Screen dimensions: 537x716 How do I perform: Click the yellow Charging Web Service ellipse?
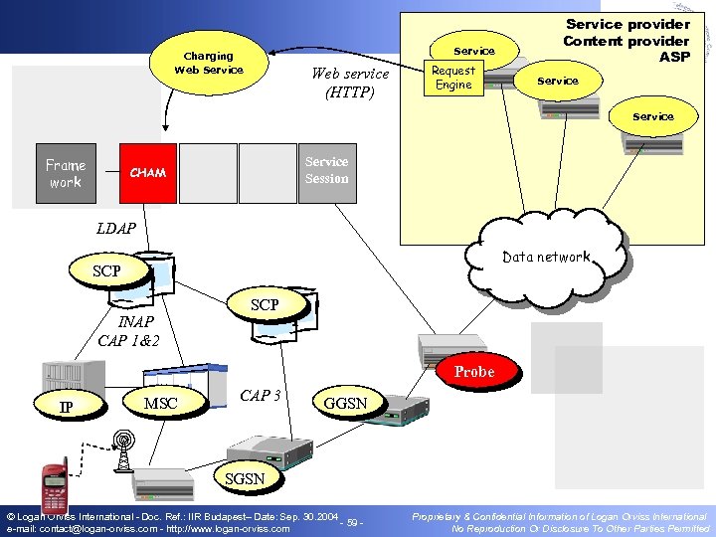click(x=209, y=63)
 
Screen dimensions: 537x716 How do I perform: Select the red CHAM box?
click(x=148, y=173)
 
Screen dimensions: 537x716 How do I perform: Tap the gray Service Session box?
click(x=326, y=170)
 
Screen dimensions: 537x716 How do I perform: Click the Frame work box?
click(x=66, y=174)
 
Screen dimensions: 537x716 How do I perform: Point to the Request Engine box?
click(x=453, y=78)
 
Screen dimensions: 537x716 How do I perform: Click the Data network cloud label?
click(x=546, y=257)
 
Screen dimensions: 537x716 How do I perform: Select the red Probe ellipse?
click(x=474, y=371)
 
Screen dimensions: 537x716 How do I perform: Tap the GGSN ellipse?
click(x=345, y=404)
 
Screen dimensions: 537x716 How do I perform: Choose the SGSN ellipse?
click(x=245, y=478)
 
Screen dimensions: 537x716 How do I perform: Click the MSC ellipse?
click(x=161, y=404)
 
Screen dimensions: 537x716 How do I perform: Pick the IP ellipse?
click(x=66, y=407)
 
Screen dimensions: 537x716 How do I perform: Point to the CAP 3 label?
click(x=261, y=395)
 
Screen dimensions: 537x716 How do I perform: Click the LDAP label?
click(x=116, y=229)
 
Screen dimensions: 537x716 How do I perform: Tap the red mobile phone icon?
click(x=55, y=486)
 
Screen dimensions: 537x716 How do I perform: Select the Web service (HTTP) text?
click(x=350, y=83)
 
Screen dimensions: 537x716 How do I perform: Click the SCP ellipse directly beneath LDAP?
click(x=106, y=271)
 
